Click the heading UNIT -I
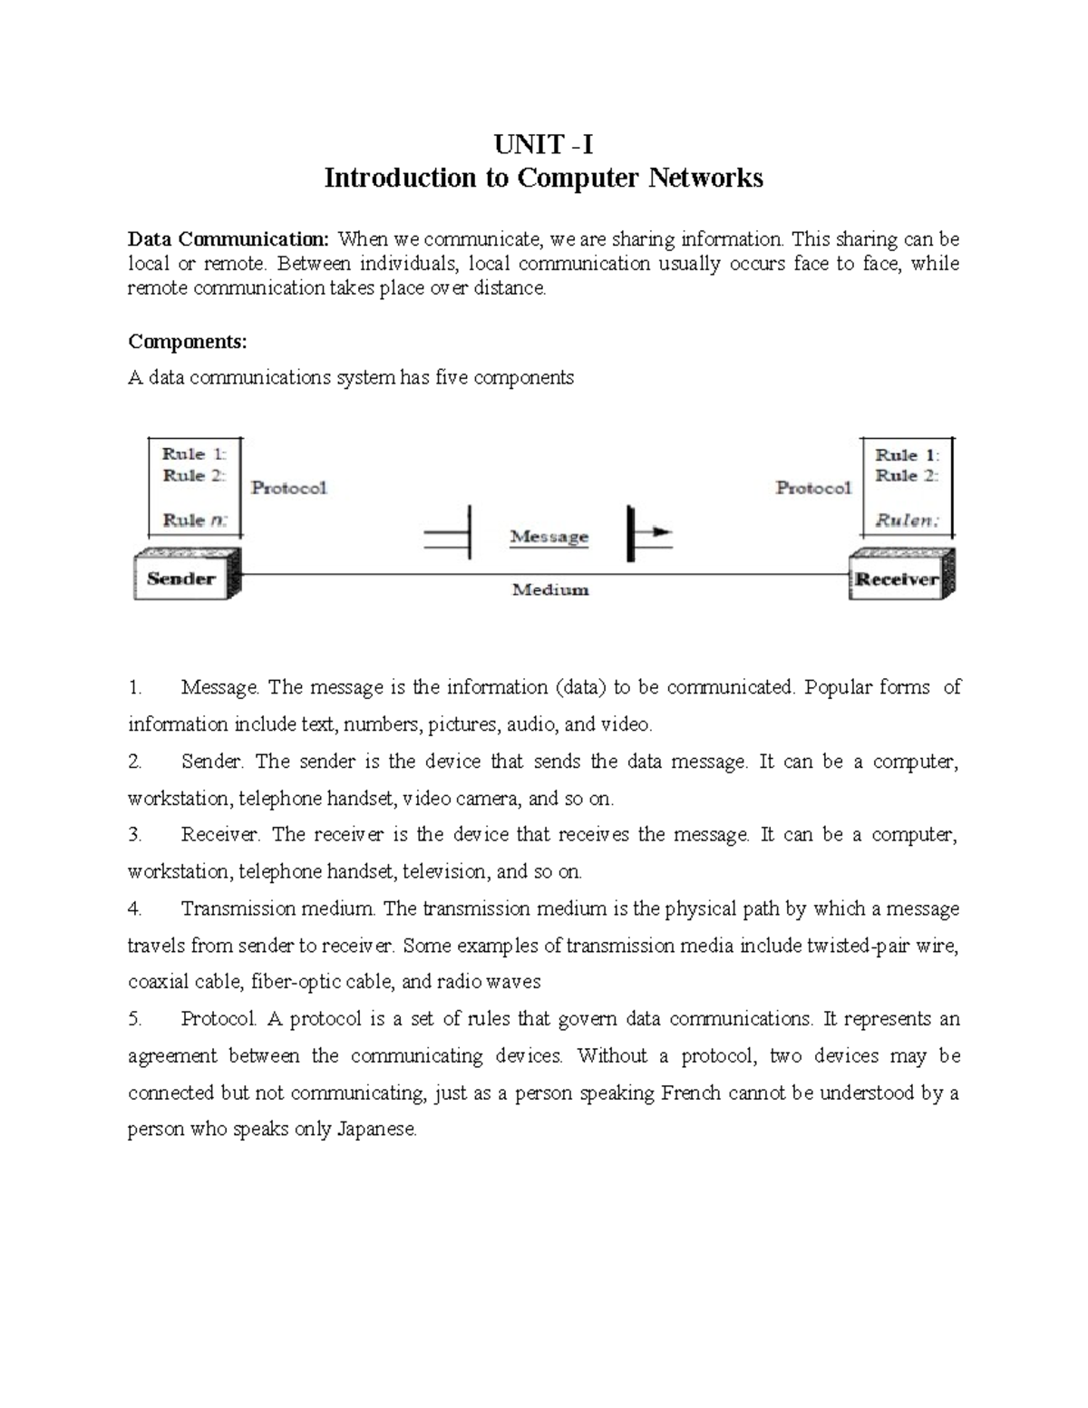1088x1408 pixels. point(543,143)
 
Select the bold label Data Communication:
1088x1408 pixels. point(229,240)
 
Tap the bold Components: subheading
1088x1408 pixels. point(187,342)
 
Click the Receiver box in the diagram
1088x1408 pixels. point(897,579)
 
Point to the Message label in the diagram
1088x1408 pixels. point(549,537)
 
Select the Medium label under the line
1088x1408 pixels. point(550,590)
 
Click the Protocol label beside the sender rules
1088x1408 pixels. point(288,488)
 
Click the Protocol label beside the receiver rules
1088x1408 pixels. point(813,488)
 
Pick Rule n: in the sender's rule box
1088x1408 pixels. point(195,520)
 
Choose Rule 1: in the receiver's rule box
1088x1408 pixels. point(907,455)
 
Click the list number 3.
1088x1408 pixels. point(135,835)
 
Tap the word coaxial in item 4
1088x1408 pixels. point(158,982)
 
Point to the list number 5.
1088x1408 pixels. point(135,1019)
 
